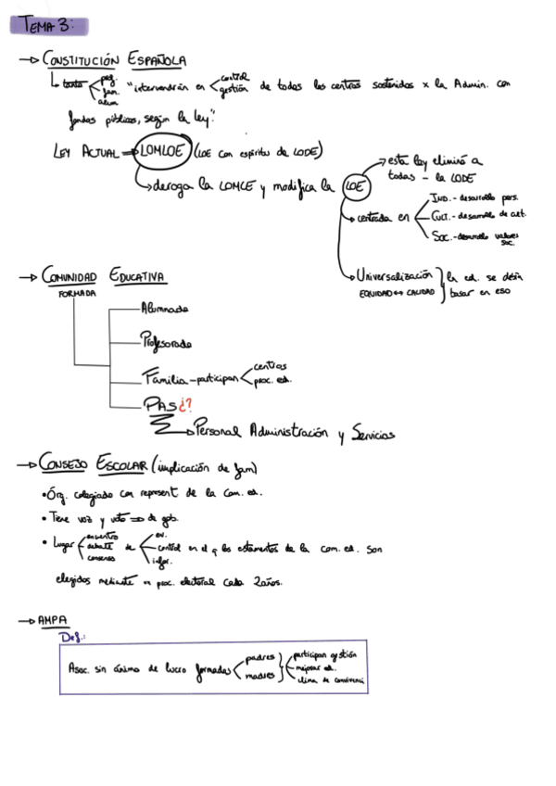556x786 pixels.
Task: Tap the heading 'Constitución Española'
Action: point(116,61)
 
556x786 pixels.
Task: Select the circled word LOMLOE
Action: point(161,151)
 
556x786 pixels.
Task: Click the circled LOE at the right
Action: point(353,186)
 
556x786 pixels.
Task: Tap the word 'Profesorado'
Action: point(166,343)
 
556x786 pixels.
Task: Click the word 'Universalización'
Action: point(397,276)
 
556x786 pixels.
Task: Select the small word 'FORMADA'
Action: point(78,294)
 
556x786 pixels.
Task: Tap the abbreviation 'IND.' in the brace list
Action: point(441,197)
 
